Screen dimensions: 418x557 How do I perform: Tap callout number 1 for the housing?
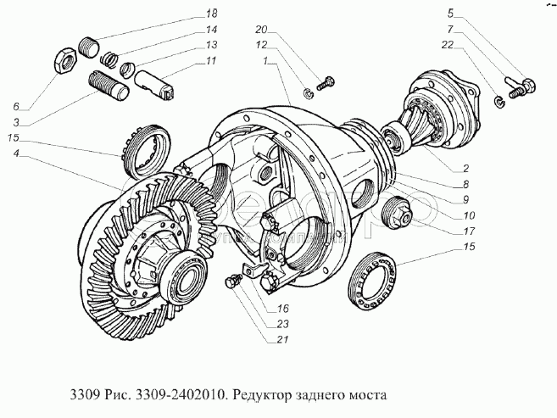coord(265,61)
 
